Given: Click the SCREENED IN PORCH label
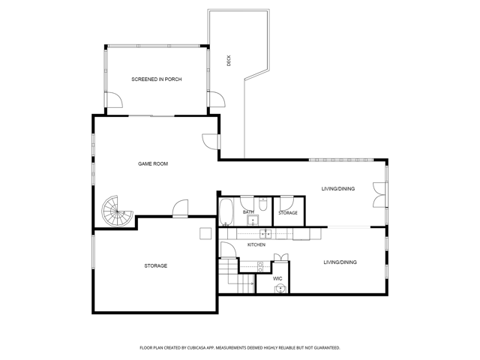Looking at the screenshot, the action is (x=157, y=79).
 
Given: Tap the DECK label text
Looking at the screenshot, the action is (x=229, y=61).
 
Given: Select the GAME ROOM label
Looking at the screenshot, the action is (x=153, y=163).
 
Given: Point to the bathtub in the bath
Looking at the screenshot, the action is (x=226, y=212).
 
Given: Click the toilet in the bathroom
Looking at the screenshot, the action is (x=263, y=204).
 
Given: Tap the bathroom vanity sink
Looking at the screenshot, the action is (x=253, y=220).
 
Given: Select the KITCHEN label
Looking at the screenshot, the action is (x=256, y=244).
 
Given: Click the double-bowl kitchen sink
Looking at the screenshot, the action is (x=265, y=234).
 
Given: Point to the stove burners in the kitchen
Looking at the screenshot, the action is (x=260, y=267).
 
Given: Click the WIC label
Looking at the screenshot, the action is (x=277, y=278).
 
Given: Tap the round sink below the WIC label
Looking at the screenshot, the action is (x=280, y=289).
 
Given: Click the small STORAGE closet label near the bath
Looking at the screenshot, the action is (x=288, y=213).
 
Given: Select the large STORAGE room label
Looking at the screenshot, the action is (x=156, y=265).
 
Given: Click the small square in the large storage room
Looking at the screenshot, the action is (x=205, y=233).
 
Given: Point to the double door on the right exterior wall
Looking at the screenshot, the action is (x=380, y=195).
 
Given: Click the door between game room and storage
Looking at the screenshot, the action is (x=180, y=208).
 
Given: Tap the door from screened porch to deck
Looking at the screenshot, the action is (x=216, y=100).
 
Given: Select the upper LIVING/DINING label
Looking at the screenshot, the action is (x=338, y=188).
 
